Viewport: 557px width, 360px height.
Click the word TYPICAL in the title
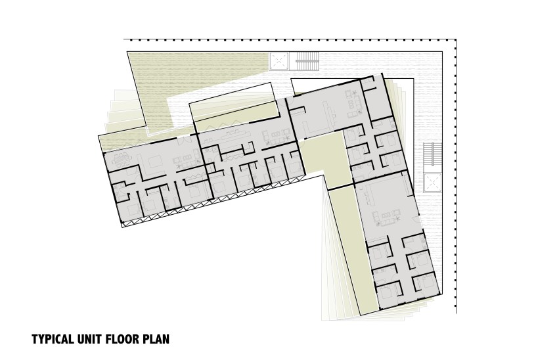click(53, 339)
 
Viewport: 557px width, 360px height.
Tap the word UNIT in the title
click(86, 339)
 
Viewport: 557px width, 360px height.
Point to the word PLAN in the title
click(156, 339)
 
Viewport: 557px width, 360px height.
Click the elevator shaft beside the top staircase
click(279, 62)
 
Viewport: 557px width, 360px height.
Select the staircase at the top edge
click(307, 62)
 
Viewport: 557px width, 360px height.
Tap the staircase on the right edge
click(432, 154)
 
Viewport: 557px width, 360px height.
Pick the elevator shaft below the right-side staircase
click(432, 183)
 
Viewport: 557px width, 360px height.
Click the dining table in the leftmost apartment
click(122, 160)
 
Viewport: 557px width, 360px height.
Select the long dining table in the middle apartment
click(236, 133)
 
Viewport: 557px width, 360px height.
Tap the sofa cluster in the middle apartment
click(277, 135)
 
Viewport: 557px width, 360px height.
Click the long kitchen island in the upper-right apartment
click(326, 113)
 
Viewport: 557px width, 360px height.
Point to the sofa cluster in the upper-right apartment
click(354, 104)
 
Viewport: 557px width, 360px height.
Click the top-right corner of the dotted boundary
click(455, 40)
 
